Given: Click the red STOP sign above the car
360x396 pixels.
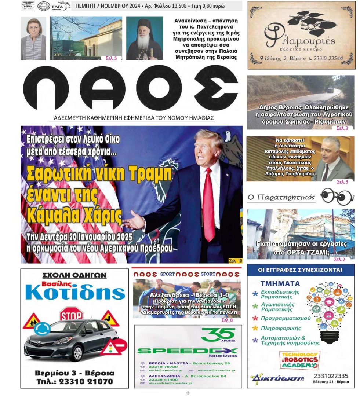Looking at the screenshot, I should tap(71, 315).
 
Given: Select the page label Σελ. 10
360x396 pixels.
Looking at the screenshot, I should tap(235, 261).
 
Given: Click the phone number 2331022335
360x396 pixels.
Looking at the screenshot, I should tap(331, 376).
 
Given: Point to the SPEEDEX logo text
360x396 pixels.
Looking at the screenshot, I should tap(187, 351).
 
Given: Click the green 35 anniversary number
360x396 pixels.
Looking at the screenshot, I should tap(218, 334).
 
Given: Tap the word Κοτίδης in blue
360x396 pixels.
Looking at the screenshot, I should tap(75, 293).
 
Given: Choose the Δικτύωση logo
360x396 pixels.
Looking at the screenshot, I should tap(277, 378).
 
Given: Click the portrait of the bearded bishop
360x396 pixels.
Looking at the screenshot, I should tap(145, 38).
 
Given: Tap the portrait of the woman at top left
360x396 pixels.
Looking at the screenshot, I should tap(33, 38).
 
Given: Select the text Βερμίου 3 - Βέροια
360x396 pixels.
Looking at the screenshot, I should tap(74, 373).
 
